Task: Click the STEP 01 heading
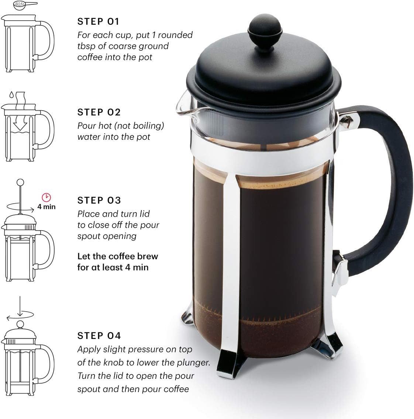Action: click(99, 22)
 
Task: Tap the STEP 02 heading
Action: click(99, 112)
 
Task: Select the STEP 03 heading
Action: click(99, 200)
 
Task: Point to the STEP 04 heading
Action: click(99, 336)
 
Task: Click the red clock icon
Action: click(46, 197)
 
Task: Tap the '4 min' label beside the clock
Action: click(46, 207)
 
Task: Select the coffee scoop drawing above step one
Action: click(24, 5)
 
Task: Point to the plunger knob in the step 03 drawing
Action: click(21, 182)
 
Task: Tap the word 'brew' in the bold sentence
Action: click(147, 256)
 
